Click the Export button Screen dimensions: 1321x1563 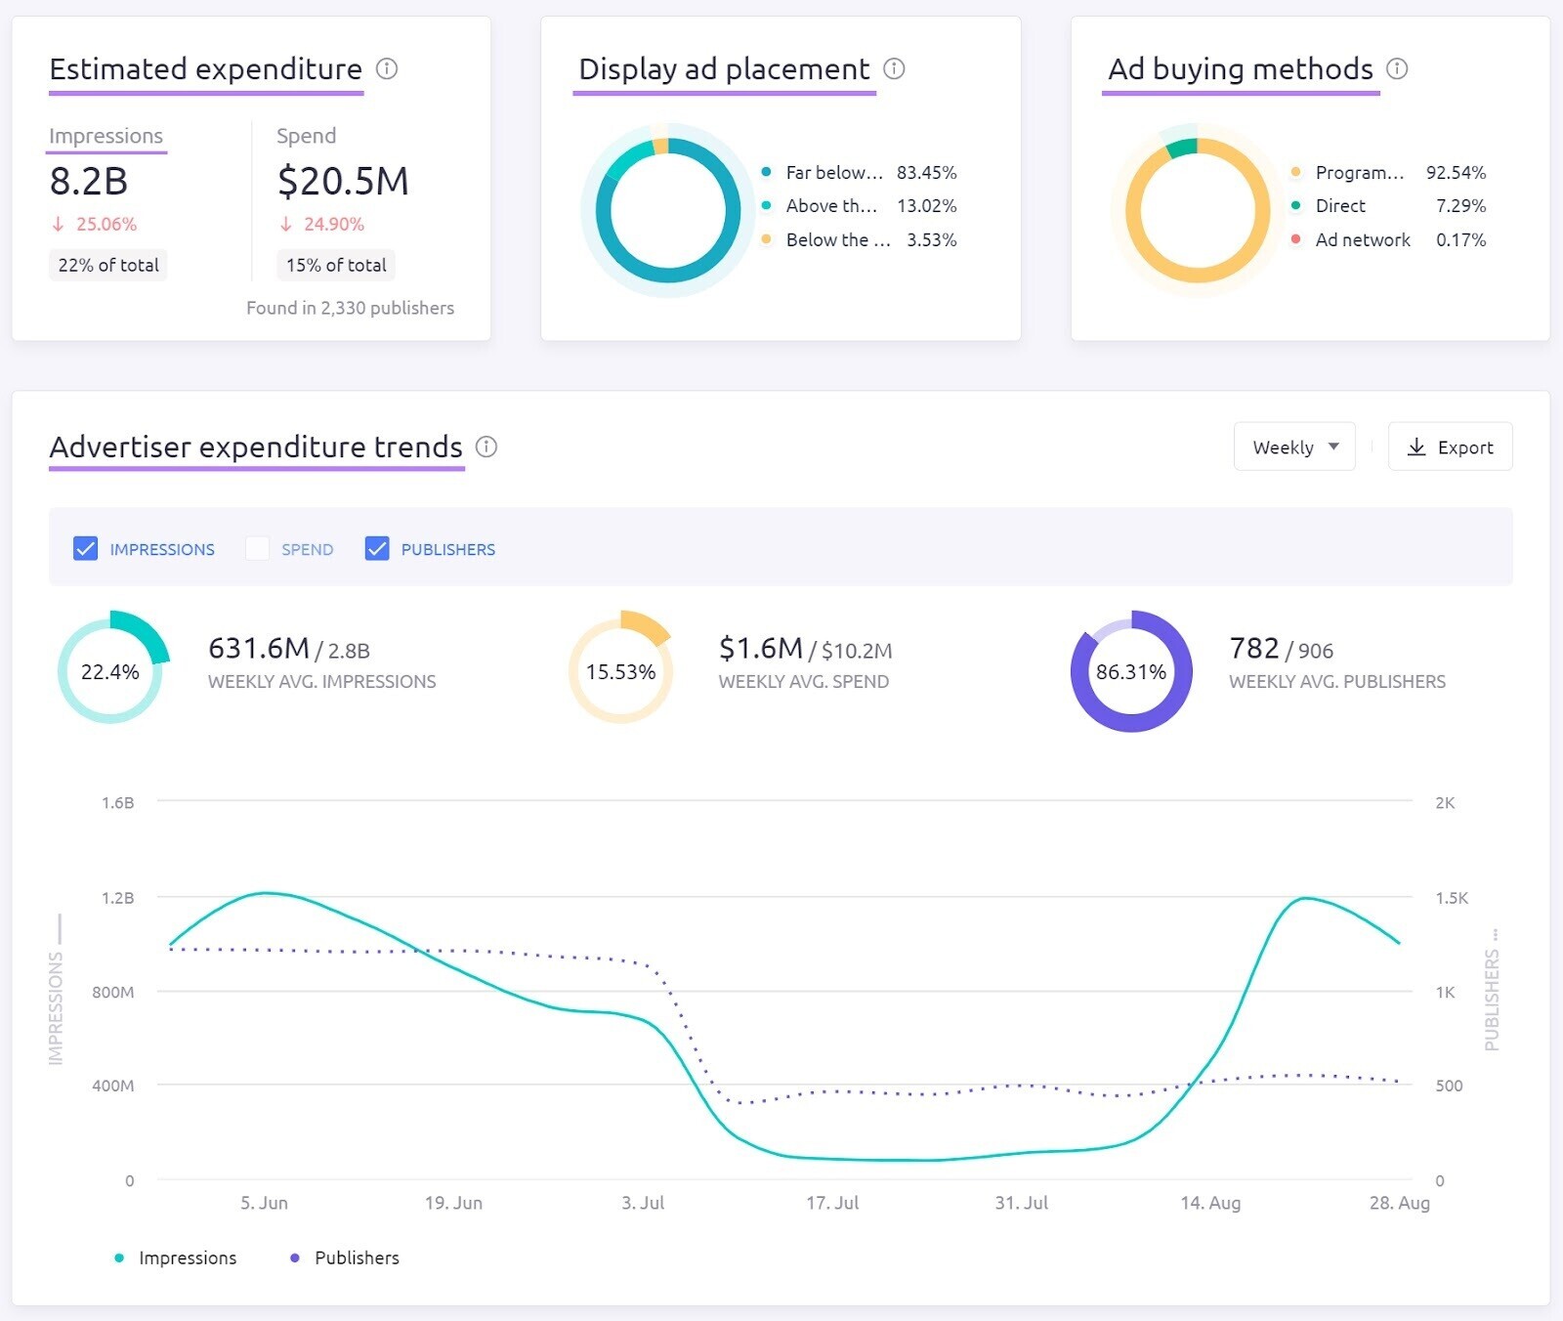tap(1450, 447)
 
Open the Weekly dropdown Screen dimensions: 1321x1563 tap(1293, 447)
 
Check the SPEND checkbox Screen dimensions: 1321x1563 tap(257, 549)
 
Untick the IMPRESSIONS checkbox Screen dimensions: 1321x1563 tap(86, 549)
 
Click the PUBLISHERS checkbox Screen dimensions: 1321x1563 tap(377, 549)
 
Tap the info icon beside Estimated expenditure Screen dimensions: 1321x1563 tap(387, 68)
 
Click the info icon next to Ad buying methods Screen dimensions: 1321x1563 tap(1397, 68)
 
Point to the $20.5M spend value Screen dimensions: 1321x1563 tap(343, 182)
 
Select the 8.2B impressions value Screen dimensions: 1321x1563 tap(89, 182)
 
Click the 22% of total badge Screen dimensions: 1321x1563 tap(108, 265)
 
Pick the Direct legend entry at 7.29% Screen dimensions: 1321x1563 tap(1340, 206)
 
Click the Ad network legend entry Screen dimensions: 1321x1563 tap(1362, 240)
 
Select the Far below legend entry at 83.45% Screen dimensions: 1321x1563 tap(833, 173)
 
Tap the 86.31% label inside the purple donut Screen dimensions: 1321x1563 tap(1131, 672)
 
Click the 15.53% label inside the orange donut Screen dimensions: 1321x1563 tap(620, 672)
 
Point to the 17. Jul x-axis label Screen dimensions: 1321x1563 tap(832, 1203)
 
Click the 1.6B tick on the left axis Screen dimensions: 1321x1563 tap(118, 803)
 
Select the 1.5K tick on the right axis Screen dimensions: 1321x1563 tap(1451, 898)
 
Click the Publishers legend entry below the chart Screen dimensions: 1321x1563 tap(356, 1258)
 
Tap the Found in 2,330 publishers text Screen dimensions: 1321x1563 tap(350, 308)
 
